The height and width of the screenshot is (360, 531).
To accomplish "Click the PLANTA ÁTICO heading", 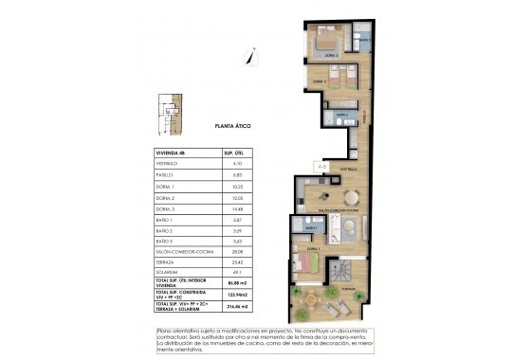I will (231, 124).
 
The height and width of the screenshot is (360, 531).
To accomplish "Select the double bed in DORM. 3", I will (328, 41).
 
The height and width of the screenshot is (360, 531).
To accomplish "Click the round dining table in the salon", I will (352, 197).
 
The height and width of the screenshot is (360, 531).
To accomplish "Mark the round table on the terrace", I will (312, 302).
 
